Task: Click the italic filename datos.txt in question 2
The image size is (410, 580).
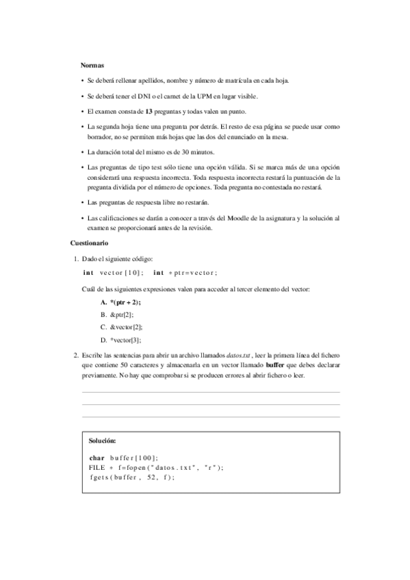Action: [x=239, y=356]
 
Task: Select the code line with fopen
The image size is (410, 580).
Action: [x=156, y=467]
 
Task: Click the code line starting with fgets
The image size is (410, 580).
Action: [x=131, y=477]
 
